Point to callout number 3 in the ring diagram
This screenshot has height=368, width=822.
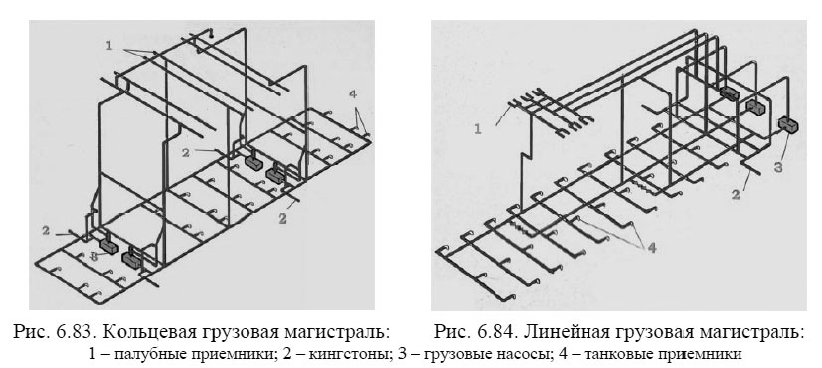[94, 256]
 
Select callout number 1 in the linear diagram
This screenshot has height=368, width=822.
[479, 127]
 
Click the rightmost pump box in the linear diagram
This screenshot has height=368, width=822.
[790, 125]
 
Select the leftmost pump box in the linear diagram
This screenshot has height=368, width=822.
[729, 93]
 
